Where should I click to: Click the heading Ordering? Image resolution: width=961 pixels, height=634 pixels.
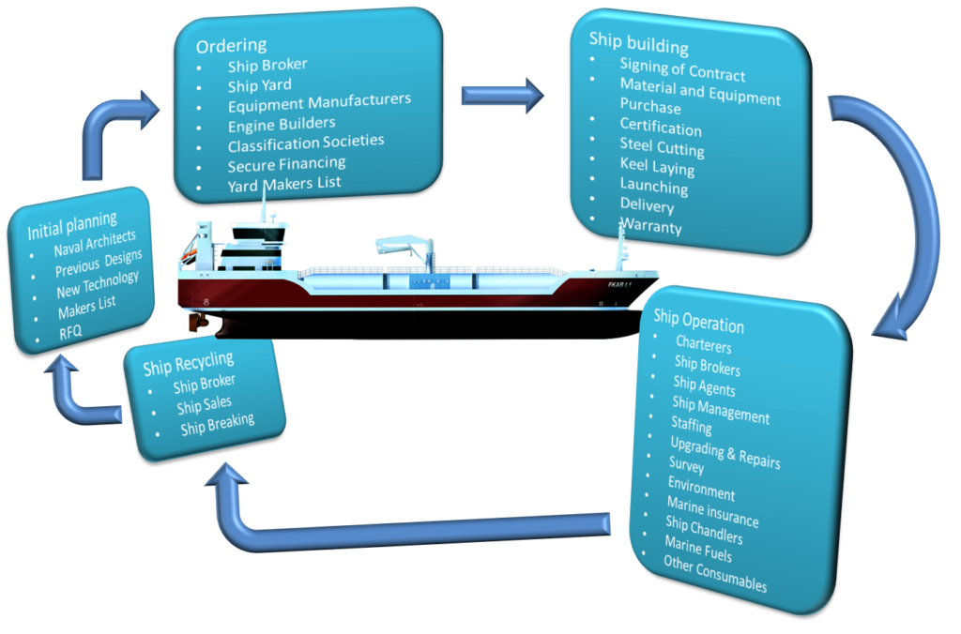[x=231, y=45]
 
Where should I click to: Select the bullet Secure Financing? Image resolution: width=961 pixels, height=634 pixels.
[x=286, y=164]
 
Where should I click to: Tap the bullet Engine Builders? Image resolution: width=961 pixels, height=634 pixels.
[x=281, y=123]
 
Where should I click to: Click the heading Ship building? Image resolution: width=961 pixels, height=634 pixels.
[x=638, y=43]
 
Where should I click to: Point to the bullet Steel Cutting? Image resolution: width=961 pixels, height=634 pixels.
[x=662, y=146]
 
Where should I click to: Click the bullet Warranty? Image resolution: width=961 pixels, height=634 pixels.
[x=650, y=226]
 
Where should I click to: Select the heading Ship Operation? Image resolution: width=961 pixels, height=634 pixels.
[x=698, y=321]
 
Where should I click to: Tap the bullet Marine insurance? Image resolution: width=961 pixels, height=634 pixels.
[x=712, y=512]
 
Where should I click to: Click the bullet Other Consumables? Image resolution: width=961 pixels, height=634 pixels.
[x=714, y=574]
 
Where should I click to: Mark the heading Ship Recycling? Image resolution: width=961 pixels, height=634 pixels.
[x=189, y=363]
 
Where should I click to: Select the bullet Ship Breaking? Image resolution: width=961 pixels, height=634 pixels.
[x=217, y=425]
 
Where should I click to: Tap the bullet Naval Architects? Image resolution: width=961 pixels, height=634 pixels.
[x=95, y=243]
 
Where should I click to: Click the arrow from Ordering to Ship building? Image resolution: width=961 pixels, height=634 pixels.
[x=502, y=94]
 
